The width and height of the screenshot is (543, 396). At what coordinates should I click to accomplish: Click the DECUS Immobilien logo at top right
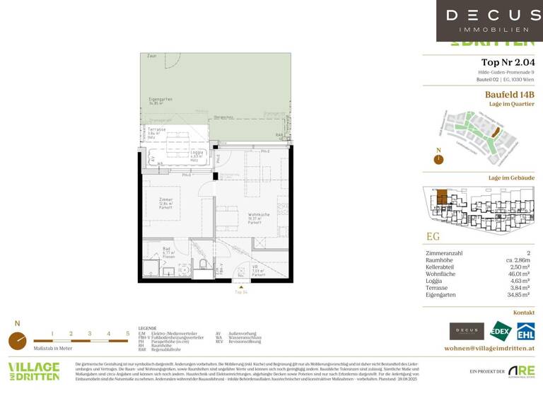[484, 21]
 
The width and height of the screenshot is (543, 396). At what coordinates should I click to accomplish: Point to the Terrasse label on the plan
[158, 130]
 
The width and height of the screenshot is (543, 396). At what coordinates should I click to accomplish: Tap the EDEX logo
[501, 331]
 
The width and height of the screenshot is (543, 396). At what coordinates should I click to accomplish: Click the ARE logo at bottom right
[522, 371]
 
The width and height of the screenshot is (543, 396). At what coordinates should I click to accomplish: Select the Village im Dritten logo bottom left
[33, 371]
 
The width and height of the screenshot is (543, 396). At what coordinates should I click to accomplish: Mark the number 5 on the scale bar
[128, 332]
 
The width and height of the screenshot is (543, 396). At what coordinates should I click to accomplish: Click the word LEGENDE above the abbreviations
[147, 328]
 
